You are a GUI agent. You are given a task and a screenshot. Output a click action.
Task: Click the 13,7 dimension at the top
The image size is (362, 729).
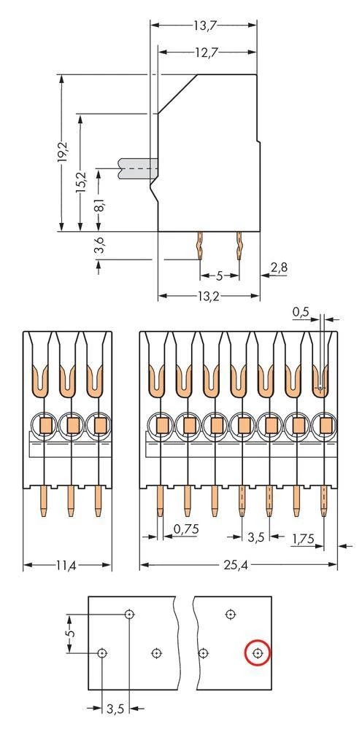tap(204, 26)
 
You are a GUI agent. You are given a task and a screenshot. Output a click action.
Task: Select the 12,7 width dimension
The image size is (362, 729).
tap(208, 52)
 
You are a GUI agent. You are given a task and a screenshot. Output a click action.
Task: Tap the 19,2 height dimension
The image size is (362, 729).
tap(63, 153)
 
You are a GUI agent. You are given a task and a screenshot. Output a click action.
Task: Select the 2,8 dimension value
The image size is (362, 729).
tap(279, 268)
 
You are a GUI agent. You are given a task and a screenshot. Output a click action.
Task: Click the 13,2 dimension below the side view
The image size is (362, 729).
tap(209, 295)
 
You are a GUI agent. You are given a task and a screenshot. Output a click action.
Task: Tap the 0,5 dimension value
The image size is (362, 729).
tap(300, 312)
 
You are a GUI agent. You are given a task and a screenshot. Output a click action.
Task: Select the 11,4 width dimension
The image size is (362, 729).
tap(67, 565)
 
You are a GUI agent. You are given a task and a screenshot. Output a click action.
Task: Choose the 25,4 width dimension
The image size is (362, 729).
tap(239, 565)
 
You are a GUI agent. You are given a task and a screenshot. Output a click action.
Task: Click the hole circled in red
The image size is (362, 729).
tap(258, 654)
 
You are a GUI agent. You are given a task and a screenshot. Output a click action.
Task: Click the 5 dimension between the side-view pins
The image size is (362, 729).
tap(219, 276)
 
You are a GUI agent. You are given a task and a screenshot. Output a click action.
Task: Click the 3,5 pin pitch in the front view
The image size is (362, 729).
tap(255, 537)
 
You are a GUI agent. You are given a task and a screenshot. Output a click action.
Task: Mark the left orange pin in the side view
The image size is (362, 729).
tap(200, 247)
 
